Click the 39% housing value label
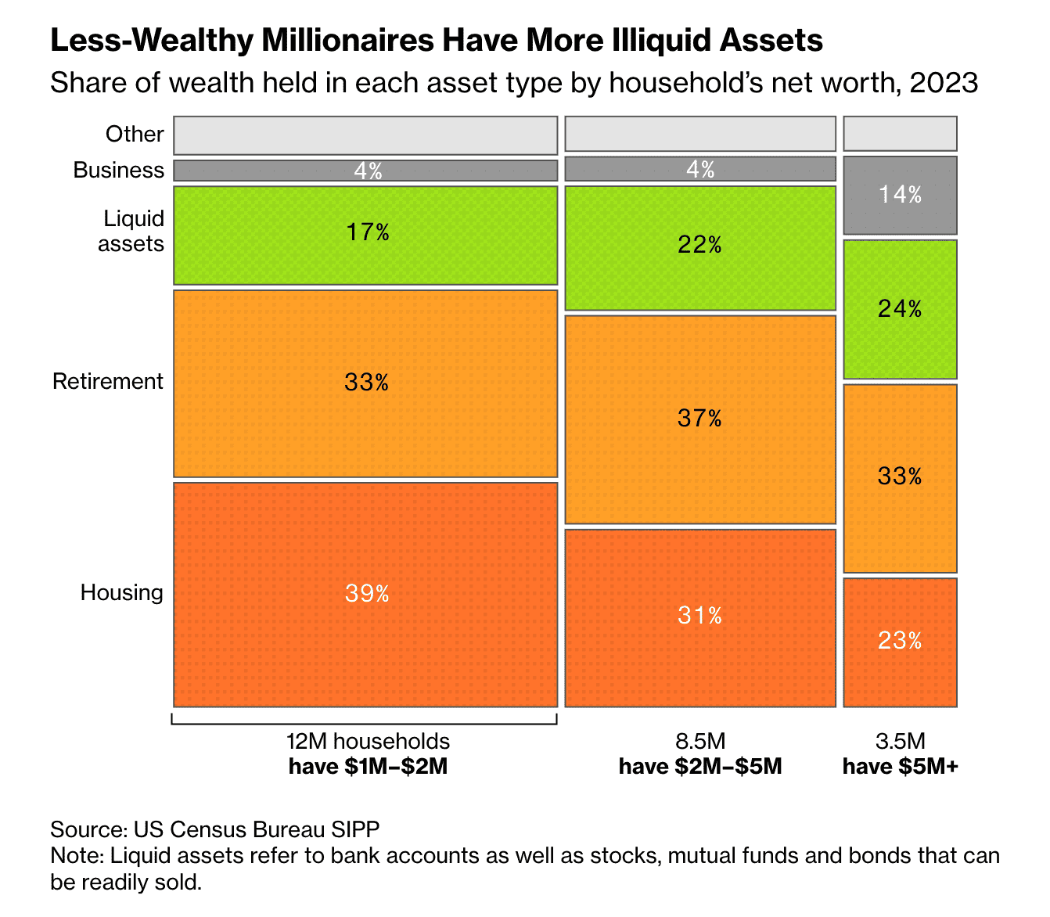coord(367,594)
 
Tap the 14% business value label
coord(900,195)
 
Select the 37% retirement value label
coord(699,419)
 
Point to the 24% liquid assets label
coord(900,309)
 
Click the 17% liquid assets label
coord(367,232)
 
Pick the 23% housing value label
coord(900,642)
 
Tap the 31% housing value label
coord(699,616)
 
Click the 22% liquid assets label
coord(699,246)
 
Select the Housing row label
coord(122,592)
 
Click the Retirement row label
coord(108,381)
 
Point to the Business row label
coord(119,170)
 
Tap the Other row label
coord(135,134)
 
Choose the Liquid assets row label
coord(131,231)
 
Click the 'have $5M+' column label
coord(900,766)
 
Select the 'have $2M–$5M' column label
coord(700,766)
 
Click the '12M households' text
coord(368,741)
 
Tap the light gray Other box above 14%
coord(900,133)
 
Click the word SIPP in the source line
coord(356,829)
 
